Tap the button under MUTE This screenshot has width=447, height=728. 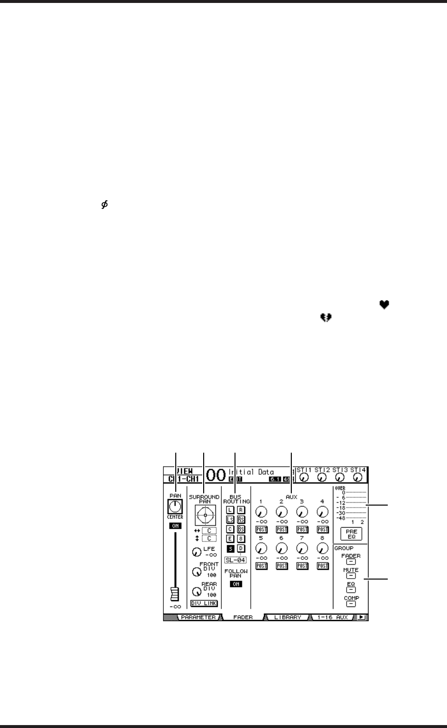[351, 576]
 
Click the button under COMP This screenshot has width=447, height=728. [351, 604]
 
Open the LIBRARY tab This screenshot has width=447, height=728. [287, 617]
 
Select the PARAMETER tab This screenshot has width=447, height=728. [198, 617]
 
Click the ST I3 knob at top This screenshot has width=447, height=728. [340, 477]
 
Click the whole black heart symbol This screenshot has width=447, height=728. [384, 305]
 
